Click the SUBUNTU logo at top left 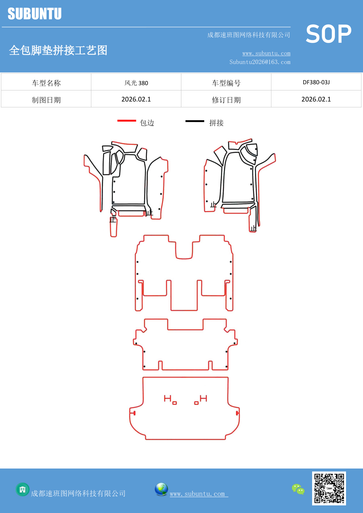(35, 14)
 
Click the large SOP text (328, 34)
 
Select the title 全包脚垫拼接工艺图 (58, 50)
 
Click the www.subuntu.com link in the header (266, 54)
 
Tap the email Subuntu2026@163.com (260, 62)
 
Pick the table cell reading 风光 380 (136, 83)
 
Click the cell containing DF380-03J (316, 82)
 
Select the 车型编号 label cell (226, 83)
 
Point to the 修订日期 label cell (226, 100)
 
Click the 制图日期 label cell (46, 100)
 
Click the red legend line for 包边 (127, 120)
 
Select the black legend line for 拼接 (195, 121)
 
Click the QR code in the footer (329, 488)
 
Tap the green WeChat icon (298, 489)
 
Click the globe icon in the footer (161, 489)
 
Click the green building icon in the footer (23, 489)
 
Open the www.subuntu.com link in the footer (198, 494)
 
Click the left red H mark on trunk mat (167, 398)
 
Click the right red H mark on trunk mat (204, 398)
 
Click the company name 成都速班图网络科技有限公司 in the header (249, 35)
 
